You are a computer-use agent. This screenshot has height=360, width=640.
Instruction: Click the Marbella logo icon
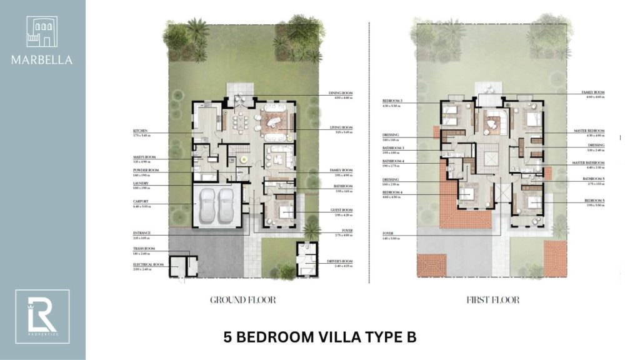[x=42, y=32]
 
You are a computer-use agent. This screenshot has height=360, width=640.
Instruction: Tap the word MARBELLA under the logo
[x=42, y=60]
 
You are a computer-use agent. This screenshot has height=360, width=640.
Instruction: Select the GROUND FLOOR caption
[x=243, y=300]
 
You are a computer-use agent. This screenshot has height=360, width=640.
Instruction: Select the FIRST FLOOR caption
[x=492, y=300]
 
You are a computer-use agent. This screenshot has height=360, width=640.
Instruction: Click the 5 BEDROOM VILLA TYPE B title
[x=319, y=337]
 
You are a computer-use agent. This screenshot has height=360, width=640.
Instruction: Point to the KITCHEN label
[x=140, y=130]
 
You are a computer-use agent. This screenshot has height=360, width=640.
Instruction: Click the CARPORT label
[x=140, y=201]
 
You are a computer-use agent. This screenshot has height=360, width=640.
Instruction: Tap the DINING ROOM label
[x=341, y=93]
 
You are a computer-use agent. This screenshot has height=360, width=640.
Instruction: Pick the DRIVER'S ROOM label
[x=341, y=261]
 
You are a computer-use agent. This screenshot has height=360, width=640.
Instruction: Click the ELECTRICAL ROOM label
[x=148, y=264]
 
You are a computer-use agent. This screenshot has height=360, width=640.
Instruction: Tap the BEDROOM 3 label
[x=392, y=100]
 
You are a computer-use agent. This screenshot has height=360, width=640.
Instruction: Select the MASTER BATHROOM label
[x=587, y=163]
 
